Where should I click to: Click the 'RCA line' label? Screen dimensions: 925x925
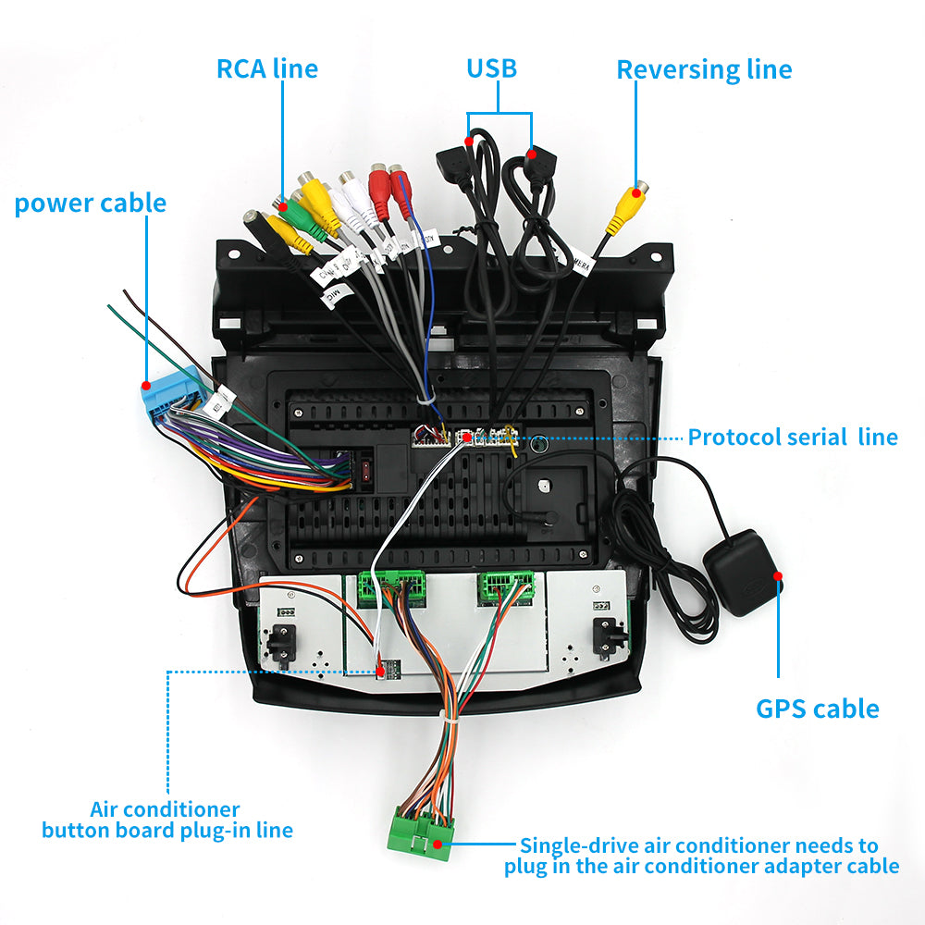266,68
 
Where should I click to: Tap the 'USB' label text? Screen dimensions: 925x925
491,68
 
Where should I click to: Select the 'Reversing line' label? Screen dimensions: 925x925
704,70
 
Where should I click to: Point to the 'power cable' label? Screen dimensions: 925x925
91,203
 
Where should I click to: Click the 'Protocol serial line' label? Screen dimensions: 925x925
792,437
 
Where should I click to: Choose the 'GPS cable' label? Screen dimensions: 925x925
817,709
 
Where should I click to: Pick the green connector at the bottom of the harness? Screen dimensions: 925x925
422,831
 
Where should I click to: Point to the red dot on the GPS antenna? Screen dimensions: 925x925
778,575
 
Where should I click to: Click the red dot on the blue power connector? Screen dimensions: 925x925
146,384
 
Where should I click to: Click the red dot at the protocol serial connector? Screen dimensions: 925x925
467,437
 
